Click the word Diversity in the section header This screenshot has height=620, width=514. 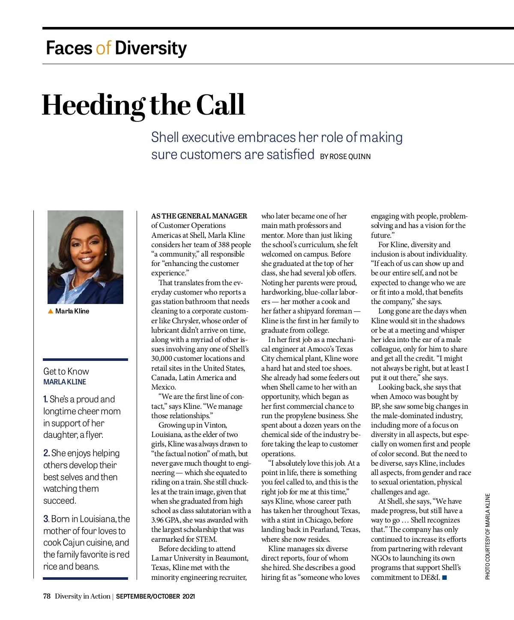coord(151,48)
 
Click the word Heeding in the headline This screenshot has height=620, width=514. coord(93,105)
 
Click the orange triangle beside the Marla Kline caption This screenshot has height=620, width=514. coord(51,311)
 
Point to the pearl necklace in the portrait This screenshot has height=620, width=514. coord(74,280)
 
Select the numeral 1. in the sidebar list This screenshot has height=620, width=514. coord(45,399)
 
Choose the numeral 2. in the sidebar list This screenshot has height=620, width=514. coord(46,453)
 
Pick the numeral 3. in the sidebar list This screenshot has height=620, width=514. coord(46,519)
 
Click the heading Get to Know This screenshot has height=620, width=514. coord(66,372)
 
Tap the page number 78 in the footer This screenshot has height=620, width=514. coord(47,596)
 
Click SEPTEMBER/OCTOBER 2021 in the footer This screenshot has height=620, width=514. coord(155,596)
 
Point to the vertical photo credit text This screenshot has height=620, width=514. coord(487,537)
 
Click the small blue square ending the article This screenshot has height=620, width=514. coord(445,578)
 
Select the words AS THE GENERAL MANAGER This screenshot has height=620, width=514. coord(199,216)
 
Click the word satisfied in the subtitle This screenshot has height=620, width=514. coord(290,154)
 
